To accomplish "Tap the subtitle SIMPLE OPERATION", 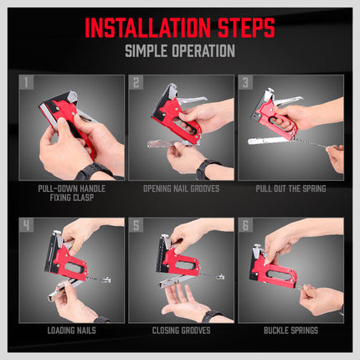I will tap(179, 52).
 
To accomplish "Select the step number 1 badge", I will tap(27, 83).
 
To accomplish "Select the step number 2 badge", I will tap(136, 83).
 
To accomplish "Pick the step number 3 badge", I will tap(246, 83).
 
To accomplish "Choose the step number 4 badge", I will tap(27, 226).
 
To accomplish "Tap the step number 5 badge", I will tap(136, 226).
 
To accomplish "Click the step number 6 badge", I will tap(246, 226).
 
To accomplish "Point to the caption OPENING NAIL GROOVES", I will tap(180, 188).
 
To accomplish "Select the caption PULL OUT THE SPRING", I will tap(290, 188).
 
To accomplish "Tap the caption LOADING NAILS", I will tap(70, 331).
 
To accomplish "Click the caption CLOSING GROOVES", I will tap(180, 331).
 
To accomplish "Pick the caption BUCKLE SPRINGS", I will tap(290, 331).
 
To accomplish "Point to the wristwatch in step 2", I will tap(203, 169).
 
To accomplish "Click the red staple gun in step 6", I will tap(268, 268).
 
